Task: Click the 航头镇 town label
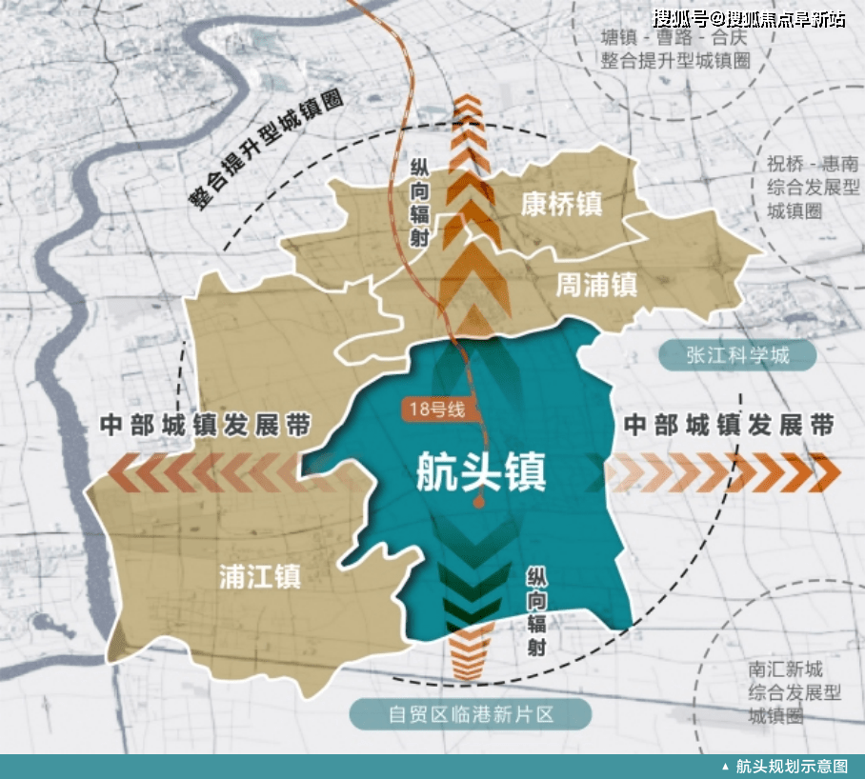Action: click(481, 470)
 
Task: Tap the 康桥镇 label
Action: click(562, 203)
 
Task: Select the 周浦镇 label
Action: click(596, 283)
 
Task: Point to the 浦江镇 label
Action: click(260, 575)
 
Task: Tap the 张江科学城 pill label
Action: click(737, 355)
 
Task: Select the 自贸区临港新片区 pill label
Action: click(471, 713)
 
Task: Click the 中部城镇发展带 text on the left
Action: click(205, 425)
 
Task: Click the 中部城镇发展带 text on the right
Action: click(729, 425)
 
